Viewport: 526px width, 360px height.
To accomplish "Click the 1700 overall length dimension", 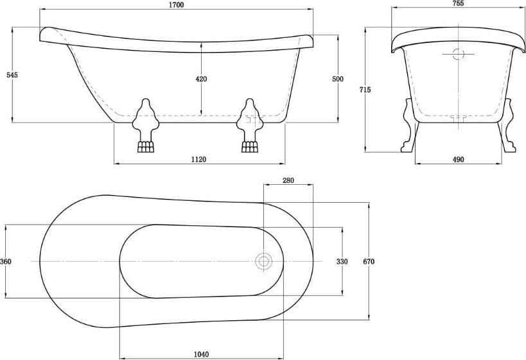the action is coord(177,4).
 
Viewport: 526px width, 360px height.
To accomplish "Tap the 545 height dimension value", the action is coord(12,74).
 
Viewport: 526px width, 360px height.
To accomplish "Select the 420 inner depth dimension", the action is coord(201,79).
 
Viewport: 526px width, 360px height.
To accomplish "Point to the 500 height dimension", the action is coord(338,79).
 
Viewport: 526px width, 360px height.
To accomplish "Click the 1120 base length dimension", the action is coord(198,159).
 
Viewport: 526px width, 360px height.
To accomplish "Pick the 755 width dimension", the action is coord(458,3).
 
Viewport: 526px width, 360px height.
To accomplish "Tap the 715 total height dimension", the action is coord(365,89).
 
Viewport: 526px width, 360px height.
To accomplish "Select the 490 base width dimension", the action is coord(458,159).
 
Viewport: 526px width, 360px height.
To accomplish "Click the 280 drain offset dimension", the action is coord(288,180).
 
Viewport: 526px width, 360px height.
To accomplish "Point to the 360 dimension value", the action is coord(6,261).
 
